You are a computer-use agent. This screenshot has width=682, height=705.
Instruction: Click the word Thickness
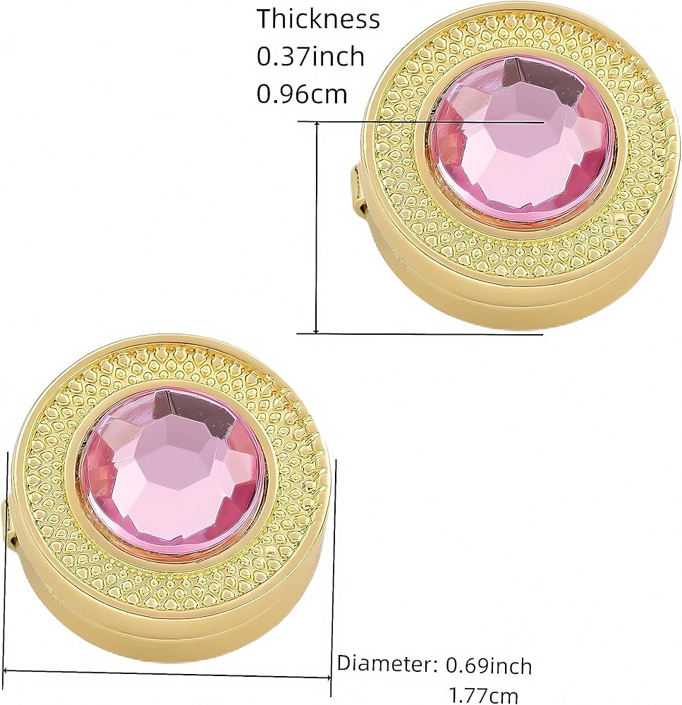pyautogui.click(x=318, y=20)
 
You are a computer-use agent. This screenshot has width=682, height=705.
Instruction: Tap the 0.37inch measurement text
pyautogui.click(x=310, y=57)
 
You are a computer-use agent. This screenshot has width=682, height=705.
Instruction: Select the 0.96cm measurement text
pyautogui.click(x=302, y=93)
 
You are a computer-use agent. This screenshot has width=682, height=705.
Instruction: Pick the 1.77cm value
pyautogui.click(x=484, y=695)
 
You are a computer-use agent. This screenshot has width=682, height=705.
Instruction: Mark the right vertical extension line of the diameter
pyautogui.click(x=333, y=564)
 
